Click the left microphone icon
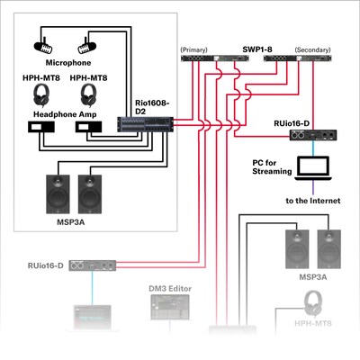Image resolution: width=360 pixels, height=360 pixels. [44, 41]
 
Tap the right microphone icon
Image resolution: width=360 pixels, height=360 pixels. [89, 41]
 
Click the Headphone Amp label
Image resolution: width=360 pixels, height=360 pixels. [64, 114]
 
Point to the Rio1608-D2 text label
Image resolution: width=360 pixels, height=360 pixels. [151, 106]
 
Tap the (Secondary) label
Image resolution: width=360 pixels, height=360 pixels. [310, 49]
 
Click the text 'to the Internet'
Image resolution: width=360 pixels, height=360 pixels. [312, 200]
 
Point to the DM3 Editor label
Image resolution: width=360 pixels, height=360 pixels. [170, 289]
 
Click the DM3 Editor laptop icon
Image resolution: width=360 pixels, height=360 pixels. [169, 310]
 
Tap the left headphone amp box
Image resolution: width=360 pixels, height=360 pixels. [41, 128]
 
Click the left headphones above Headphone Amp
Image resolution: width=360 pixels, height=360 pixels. [41, 94]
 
